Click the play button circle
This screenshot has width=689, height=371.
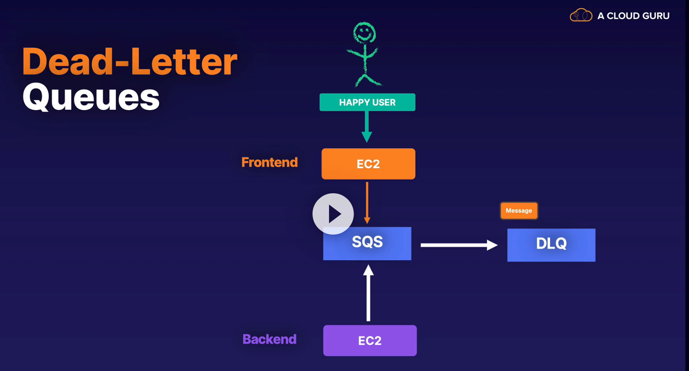(333, 214)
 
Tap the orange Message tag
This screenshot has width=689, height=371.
(519, 211)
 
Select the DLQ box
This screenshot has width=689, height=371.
(551, 245)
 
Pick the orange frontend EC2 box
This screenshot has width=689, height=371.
(368, 164)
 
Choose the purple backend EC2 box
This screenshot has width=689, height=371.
(370, 340)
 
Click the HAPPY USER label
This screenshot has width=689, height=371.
(367, 102)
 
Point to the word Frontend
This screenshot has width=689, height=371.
(269, 162)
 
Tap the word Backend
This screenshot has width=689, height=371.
(269, 339)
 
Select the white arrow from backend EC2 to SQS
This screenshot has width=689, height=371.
(368, 294)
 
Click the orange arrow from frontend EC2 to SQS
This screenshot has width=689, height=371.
(367, 202)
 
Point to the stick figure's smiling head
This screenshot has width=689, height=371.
(364, 33)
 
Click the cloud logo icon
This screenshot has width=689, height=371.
(581, 16)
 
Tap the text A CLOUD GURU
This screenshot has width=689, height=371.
(633, 16)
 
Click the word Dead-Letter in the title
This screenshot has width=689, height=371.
(130, 62)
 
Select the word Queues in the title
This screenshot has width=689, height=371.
(91, 97)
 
